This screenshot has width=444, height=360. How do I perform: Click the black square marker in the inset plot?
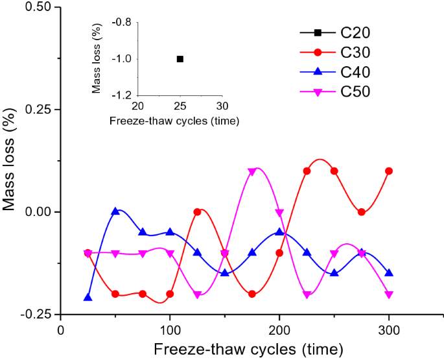(180, 59)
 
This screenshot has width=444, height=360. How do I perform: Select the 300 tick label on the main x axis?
(389, 330)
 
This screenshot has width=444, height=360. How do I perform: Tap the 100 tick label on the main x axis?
(170, 330)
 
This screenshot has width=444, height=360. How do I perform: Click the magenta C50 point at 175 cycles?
(252, 171)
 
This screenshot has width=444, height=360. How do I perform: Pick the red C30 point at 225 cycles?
(307, 171)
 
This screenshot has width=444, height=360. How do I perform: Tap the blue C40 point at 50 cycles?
(115, 211)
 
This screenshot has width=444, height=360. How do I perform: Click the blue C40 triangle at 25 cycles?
(88, 297)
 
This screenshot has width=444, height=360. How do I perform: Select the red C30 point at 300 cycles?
(389, 171)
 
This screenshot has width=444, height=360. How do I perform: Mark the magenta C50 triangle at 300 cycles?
(389, 294)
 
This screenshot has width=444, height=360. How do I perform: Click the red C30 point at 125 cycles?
(197, 212)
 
